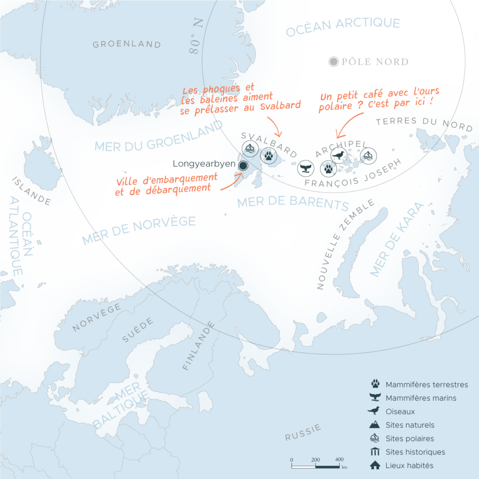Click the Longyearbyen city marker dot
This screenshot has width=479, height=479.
pos(243,165)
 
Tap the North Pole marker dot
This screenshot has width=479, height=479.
pos(333,62)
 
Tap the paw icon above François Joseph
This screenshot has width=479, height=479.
pos(328,168)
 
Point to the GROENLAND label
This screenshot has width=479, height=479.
pos(126,44)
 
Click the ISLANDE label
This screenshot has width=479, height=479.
pos(31,191)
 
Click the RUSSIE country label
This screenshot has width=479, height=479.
pos(303,432)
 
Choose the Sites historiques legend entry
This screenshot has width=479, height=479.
pos(415,452)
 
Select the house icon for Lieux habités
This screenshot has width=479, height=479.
pos(375,465)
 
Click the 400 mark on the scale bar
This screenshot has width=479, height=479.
pos(340,459)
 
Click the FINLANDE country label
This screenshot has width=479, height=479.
pos(199,346)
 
